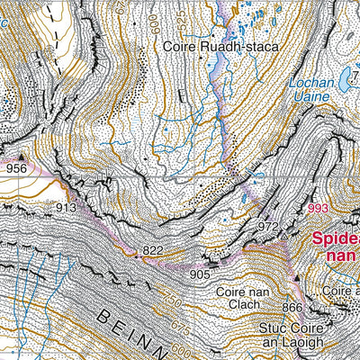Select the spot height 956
16,167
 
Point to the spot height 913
66,207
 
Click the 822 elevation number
153,249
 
